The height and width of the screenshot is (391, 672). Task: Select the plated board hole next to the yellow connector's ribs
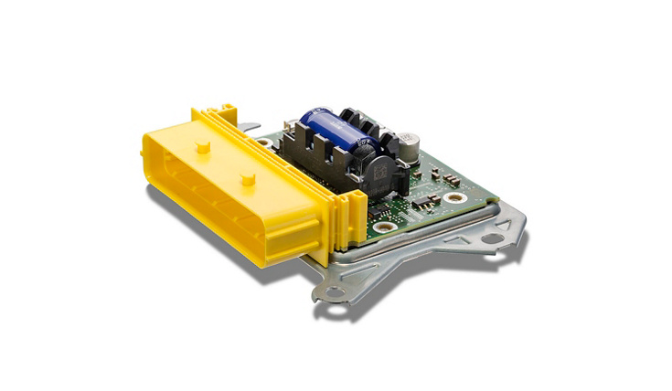pyautogui.click(x=384, y=225)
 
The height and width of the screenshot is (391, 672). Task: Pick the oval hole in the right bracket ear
pyautogui.click(x=493, y=239)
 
